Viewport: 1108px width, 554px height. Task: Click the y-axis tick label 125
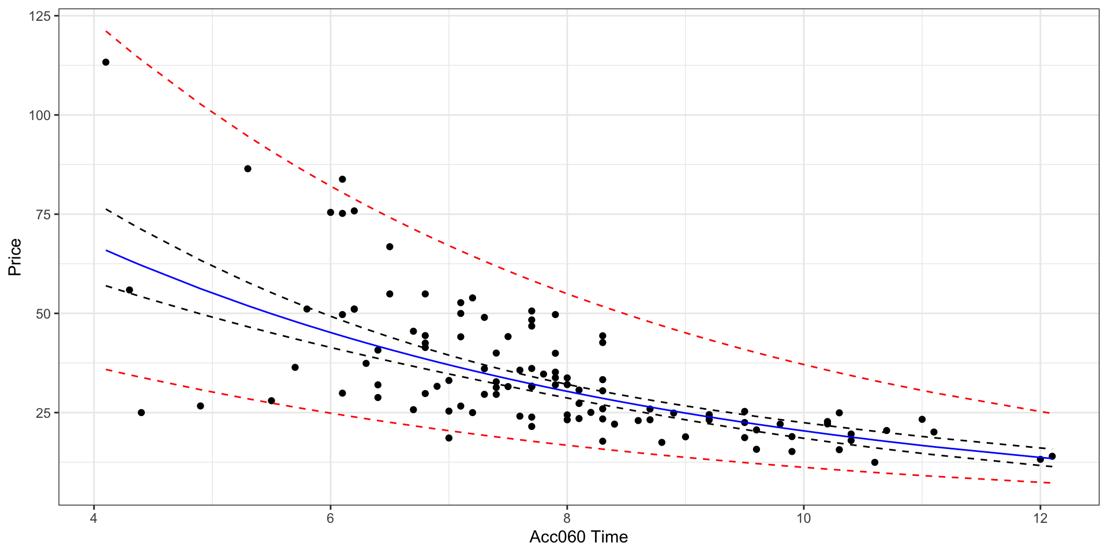(40, 16)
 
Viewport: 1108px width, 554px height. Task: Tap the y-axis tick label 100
(40, 115)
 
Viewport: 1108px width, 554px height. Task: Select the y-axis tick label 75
(43, 214)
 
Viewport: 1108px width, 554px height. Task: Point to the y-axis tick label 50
(43, 313)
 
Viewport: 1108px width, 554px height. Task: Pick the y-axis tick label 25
(43, 413)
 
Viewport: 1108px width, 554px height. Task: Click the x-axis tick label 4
(94, 518)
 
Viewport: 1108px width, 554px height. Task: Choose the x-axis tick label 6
(331, 518)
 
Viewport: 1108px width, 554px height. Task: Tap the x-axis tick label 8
(567, 518)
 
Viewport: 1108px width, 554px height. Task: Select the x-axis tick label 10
(804, 518)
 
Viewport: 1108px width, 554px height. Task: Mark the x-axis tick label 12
(1040, 518)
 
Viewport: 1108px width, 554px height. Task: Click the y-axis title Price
(14, 257)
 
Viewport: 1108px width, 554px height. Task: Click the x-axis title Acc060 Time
(579, 537)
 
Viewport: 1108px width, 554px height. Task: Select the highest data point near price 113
(106, 62)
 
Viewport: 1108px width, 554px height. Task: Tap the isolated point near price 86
(248, 169)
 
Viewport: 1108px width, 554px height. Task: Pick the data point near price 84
(342, 179)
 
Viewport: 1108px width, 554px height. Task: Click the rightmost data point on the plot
(1052, 456)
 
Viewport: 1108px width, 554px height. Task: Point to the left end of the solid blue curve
(106, 250)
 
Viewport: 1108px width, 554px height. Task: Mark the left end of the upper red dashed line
(106, 31)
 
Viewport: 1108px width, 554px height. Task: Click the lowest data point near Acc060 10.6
(875, 462)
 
